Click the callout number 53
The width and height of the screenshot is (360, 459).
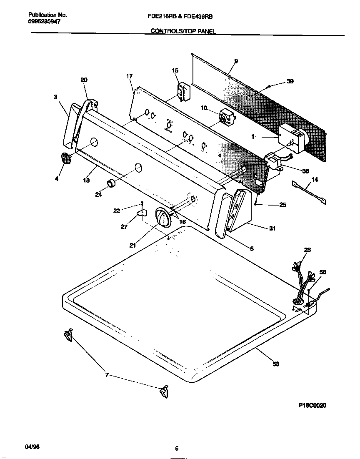coord(275,364)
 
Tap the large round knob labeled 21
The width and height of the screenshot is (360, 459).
coord(163,217)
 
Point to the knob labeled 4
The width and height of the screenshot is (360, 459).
coord(65,159)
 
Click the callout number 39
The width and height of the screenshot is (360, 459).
coord(290,81)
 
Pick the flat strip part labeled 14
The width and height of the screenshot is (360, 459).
coord(309,189)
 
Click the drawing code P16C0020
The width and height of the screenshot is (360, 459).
coord(312,404)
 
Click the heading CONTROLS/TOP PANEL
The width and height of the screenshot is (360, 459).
coord(183,31)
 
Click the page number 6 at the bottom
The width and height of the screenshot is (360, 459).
coord(177,449)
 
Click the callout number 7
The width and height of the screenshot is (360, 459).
coord(107,375)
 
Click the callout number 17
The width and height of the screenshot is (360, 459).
coord(129,76)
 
